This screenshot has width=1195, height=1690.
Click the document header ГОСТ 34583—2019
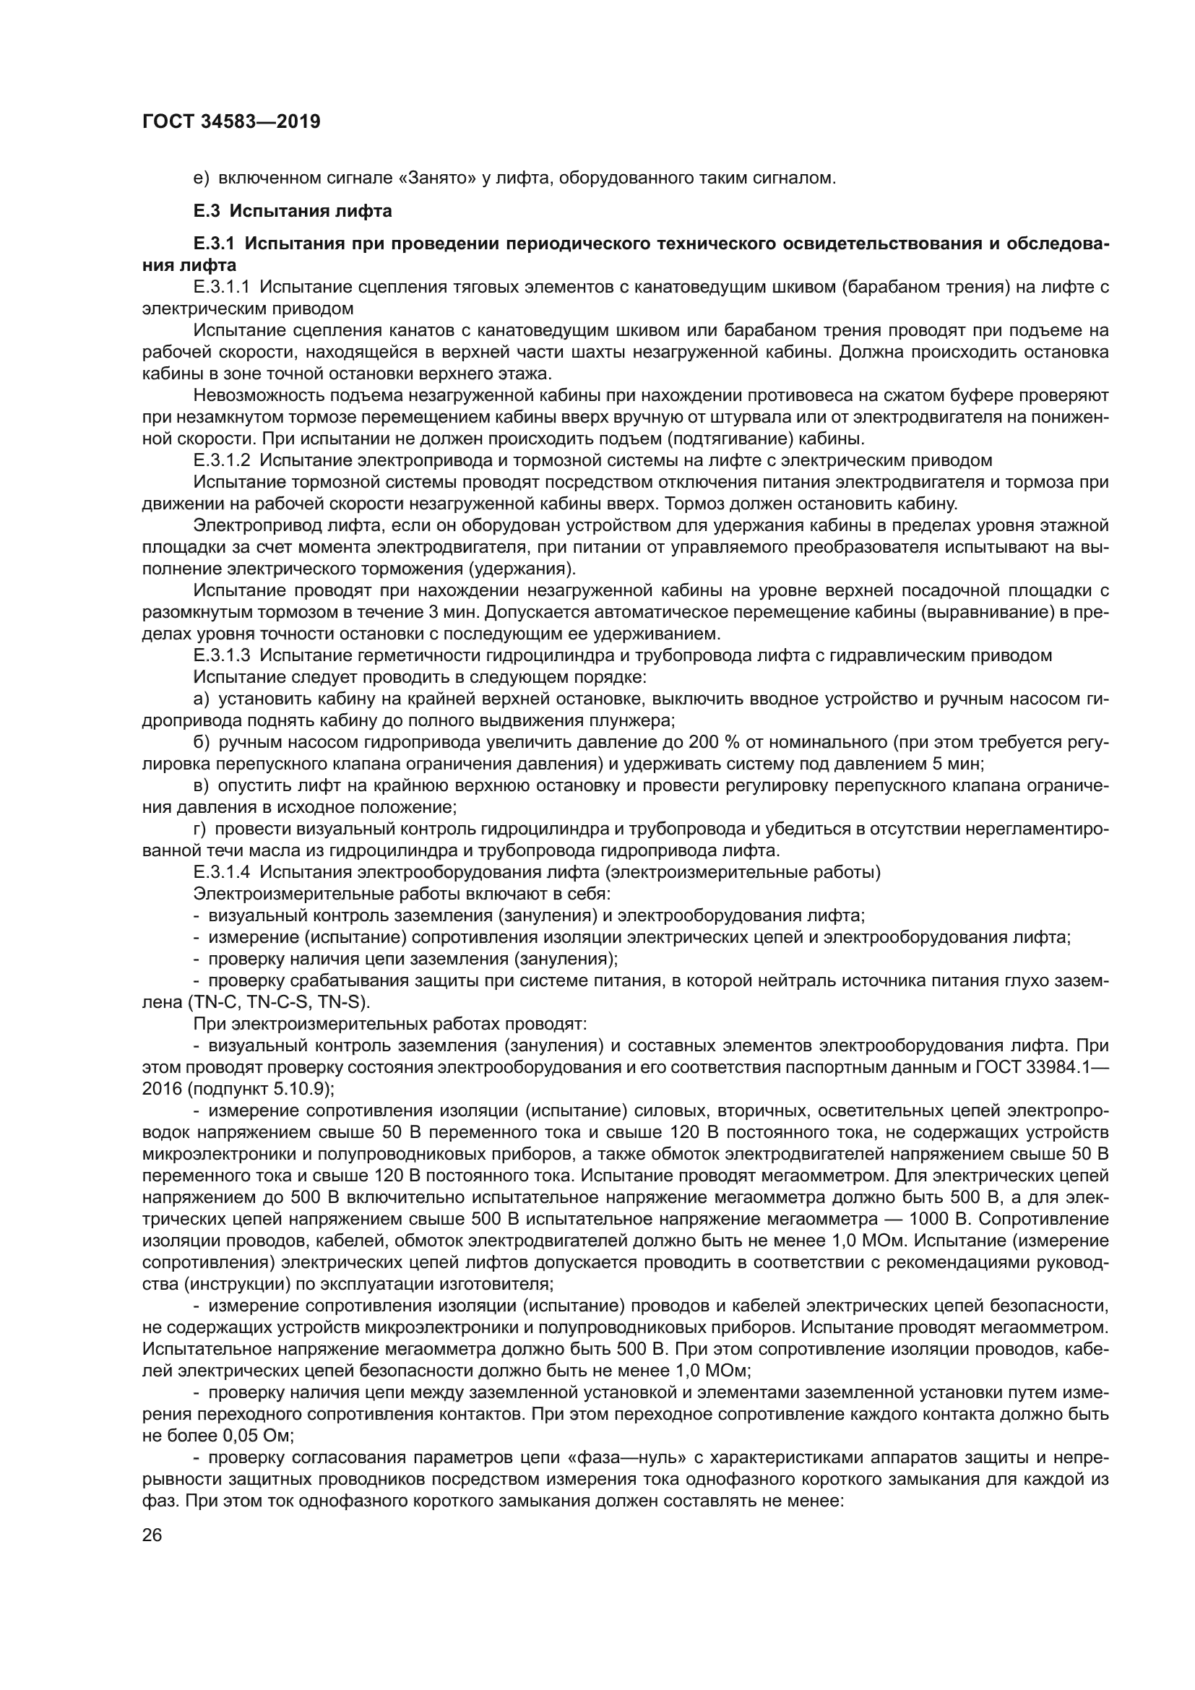click(231, 121)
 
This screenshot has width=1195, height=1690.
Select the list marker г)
click(201, 829)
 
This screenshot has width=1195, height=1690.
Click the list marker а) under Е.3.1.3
click(201, 699)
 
